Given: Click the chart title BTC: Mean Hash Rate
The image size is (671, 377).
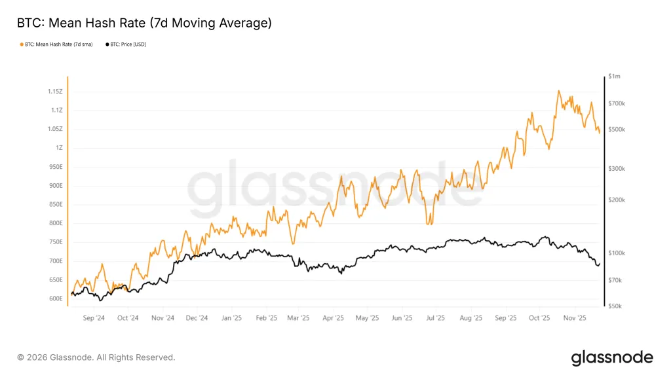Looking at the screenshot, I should [x=144, y=24].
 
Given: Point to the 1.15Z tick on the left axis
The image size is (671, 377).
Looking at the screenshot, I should [x=54, y=92].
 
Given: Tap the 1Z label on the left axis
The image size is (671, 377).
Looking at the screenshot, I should [x=59, y=148].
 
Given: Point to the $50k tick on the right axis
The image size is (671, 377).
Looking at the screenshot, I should [x=615, y=306].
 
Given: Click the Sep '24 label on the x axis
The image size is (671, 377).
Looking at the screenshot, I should [x=94, y=318].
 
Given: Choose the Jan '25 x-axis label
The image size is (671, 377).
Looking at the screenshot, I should [x=231, y=318].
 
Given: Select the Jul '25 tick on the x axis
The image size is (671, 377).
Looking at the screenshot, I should [x=435, y=318].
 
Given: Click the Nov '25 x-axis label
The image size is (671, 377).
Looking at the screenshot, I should [x=573, y=318].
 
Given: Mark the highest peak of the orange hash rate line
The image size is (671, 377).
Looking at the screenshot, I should [x=558, y=91].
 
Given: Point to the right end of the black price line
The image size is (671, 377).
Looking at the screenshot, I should [x=599, y=263].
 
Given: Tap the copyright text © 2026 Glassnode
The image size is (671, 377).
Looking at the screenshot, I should [x=96, y=357].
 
